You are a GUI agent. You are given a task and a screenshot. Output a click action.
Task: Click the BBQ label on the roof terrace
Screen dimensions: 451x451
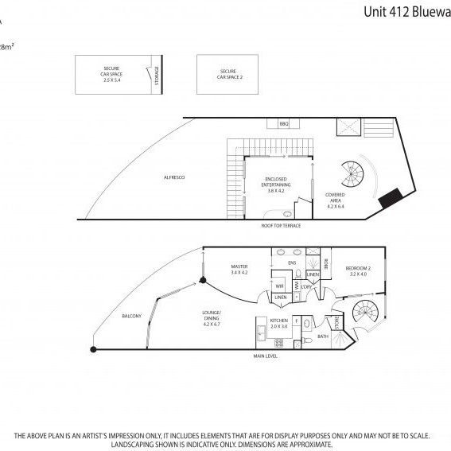click(284, 124)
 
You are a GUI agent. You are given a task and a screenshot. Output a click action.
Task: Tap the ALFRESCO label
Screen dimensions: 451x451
click(173, 177)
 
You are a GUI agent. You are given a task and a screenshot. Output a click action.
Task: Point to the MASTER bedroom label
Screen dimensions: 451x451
click(239, 269)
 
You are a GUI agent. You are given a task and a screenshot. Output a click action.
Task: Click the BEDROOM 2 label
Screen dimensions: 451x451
click(357, 271)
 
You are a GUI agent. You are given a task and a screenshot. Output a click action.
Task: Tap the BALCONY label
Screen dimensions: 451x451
click(131, 317)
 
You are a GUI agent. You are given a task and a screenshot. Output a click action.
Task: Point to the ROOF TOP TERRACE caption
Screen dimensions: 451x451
click(281, 226)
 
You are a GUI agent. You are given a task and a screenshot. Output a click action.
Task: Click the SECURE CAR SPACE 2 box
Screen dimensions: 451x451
click(231, 74)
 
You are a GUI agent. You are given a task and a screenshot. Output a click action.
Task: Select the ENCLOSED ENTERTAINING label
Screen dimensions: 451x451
click(276, 184)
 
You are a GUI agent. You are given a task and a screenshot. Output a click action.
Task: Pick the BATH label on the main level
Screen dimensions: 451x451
click(323, 336)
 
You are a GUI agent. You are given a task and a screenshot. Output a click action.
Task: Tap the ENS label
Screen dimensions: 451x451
click(292, 262)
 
